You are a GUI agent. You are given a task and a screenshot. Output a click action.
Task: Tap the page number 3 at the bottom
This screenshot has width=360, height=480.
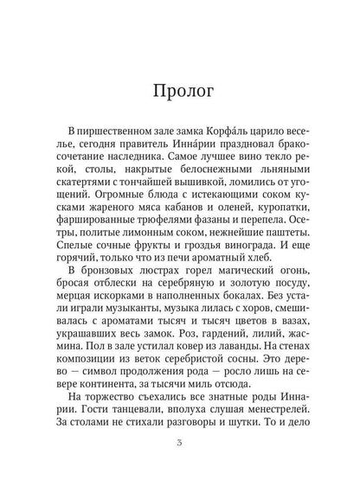(x=179, y=444)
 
